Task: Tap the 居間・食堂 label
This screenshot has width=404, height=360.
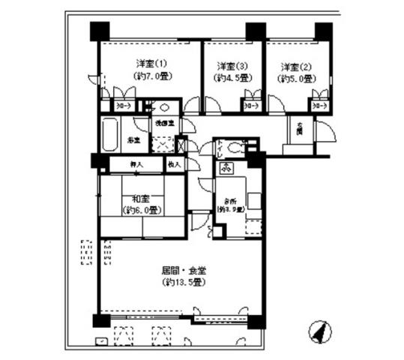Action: click(x=182, y=268)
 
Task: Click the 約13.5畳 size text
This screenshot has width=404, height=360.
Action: click(x=182, y=282)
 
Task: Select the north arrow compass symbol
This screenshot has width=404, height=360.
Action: click(x=319, y=329)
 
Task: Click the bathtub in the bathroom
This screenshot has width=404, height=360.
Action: click(x=112, y=135)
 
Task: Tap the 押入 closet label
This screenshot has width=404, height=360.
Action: click(x=136, y=163)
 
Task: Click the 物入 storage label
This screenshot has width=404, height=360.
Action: click(x=174, y=163)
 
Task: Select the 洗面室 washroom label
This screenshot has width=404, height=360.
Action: click(x=164, y=122)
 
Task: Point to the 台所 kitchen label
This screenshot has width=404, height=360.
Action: click(x=228, y=200)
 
